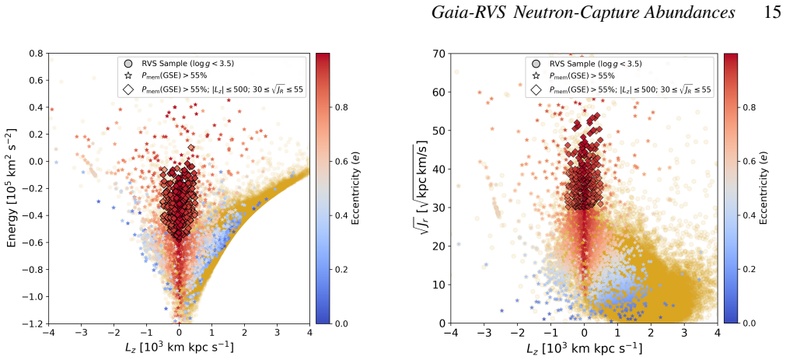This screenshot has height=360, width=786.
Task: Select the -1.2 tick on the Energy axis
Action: click(35, 323)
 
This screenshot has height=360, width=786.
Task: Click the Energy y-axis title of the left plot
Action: click(12, 188)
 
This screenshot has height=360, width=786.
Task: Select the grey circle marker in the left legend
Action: click(128, 64)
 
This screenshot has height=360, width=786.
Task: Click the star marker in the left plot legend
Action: click(128, 75)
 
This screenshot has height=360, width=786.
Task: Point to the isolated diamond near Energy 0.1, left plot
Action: click(191, 148)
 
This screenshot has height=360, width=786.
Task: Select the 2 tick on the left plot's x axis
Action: click(245, 333)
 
